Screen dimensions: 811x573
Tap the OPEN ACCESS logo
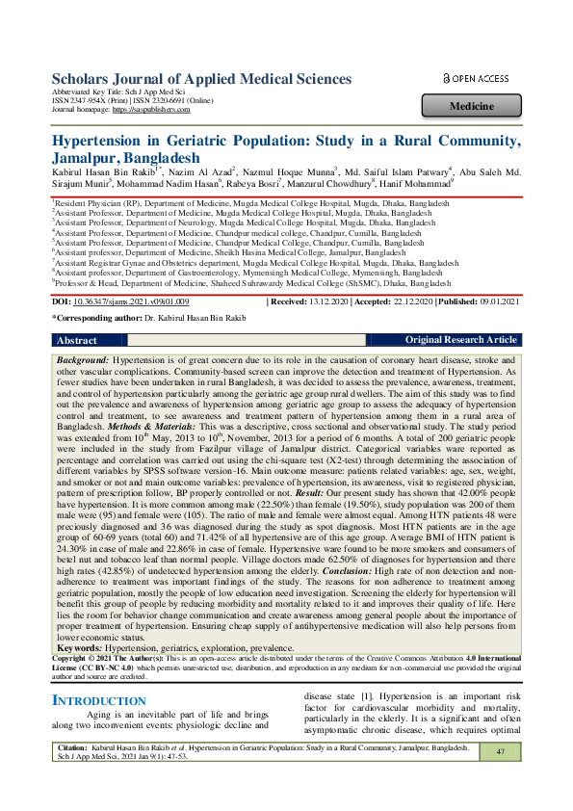476,78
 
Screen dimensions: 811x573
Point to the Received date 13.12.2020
335,302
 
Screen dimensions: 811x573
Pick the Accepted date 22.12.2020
408,302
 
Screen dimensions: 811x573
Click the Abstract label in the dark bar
77,341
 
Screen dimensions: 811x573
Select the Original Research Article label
460,341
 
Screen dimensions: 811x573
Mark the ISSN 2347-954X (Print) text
89,101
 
